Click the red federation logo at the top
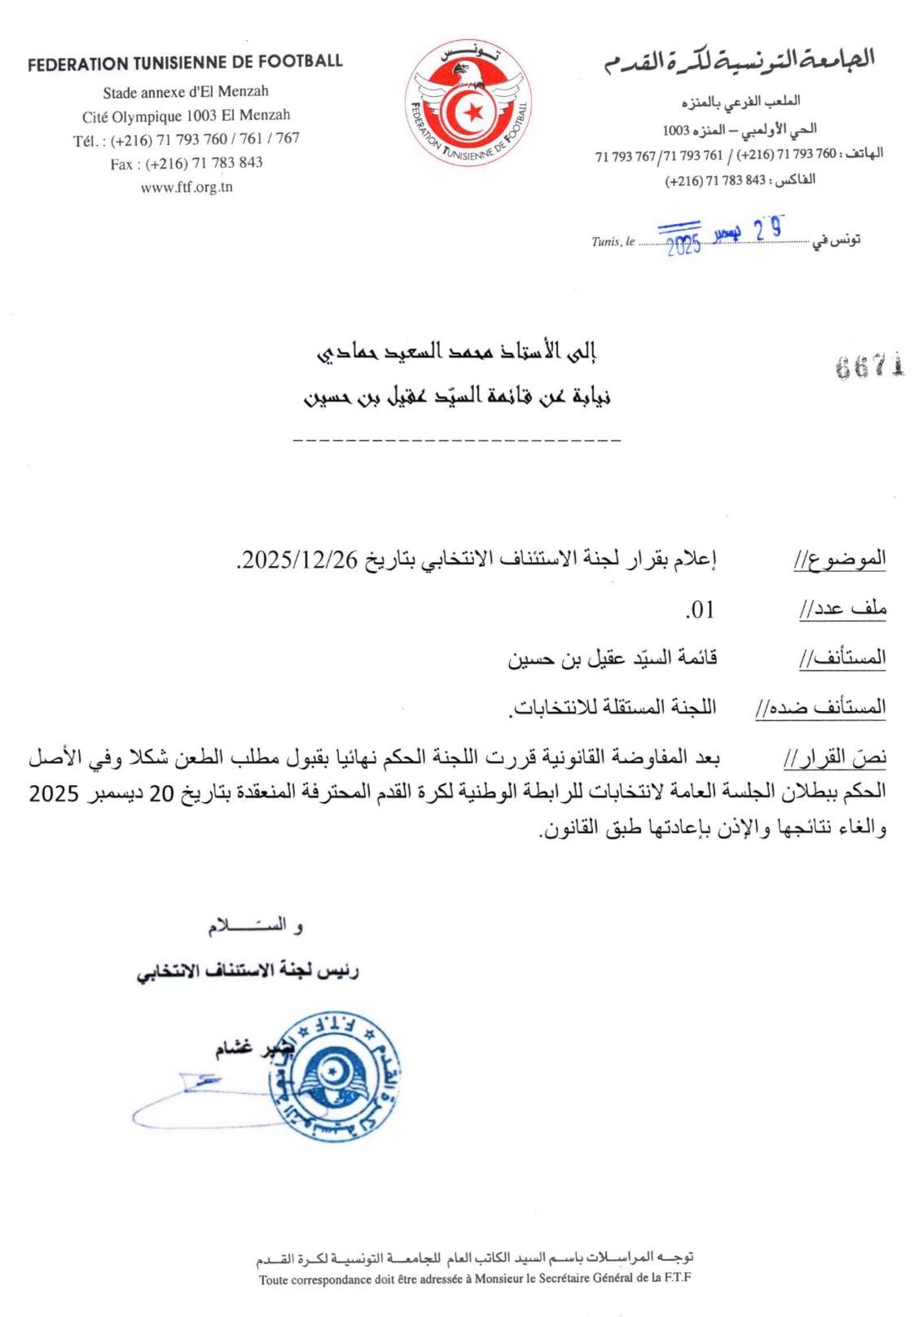(467, 102)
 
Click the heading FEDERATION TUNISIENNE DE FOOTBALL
(185, 63)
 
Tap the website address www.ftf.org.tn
(187, 187)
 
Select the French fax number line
(187, 164)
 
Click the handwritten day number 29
(768, 230)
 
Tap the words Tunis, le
(613, 242)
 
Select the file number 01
(700, 609)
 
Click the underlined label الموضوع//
(840, 560)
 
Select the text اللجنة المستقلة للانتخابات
(613, 707)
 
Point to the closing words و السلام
(255, 926)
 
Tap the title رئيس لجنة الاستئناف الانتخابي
(248, 971)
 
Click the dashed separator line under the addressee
(456, 440)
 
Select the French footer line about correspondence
(475, 1279)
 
